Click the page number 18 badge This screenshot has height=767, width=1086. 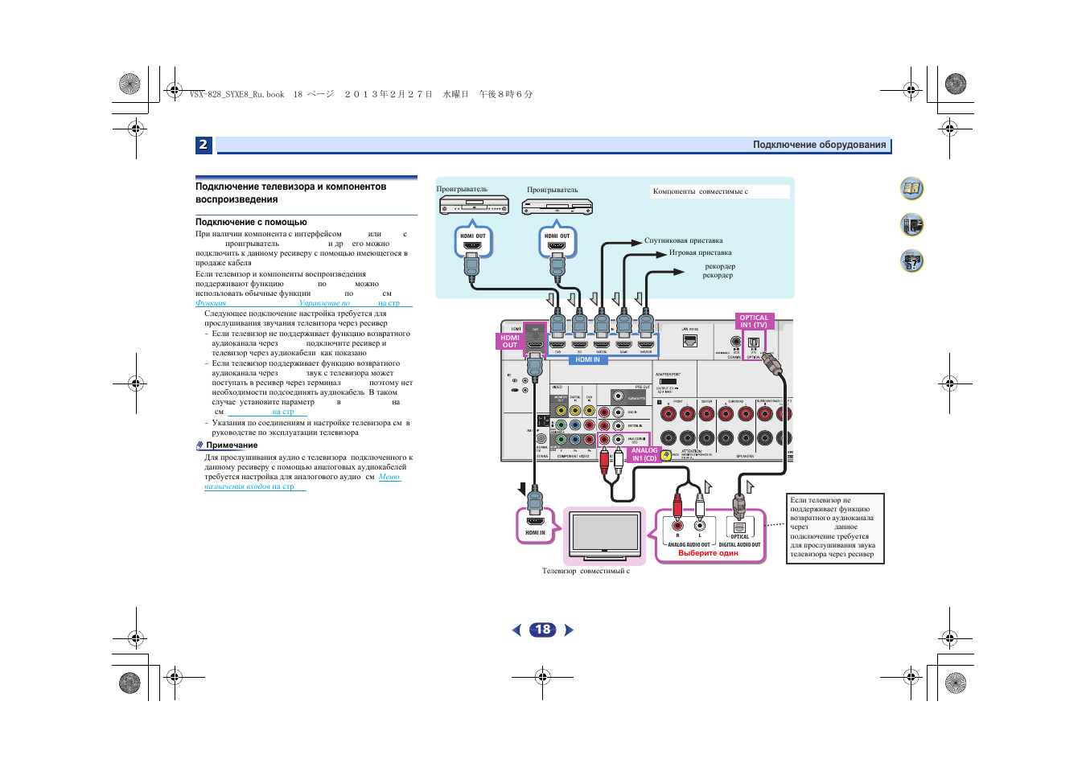(x=543, y=630)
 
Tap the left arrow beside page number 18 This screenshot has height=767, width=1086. (x=516, y=630)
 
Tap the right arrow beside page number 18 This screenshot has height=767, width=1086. (x=570, y=630)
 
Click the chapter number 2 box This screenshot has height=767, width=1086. (x=204, y=145)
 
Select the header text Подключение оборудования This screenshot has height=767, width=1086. (x=819, y=146)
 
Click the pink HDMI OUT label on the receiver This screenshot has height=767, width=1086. (x=510, y=342)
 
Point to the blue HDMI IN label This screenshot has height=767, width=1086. (x=587, y=360)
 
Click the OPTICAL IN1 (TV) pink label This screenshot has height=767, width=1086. (x=754, y=322)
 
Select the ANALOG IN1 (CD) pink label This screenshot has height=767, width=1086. (x=644, y=454)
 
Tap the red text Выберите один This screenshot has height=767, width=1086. (x=708, y=553)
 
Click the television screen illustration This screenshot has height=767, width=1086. (x=604, y=531)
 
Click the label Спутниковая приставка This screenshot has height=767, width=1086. (x=683, y=240)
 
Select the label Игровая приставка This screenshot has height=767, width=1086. (x=700, y=252)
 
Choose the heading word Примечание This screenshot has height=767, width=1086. (x=232, y=445)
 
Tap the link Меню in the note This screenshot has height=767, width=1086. (x=389, y=477)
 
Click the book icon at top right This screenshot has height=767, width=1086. (x=911, y=189)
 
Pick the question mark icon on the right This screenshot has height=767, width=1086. (x=911, y=261)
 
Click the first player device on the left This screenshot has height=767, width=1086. (x=474, y=206)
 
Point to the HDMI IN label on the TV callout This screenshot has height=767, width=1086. (x=535, y=532)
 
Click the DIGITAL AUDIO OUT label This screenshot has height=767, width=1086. (x=739, y=544)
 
